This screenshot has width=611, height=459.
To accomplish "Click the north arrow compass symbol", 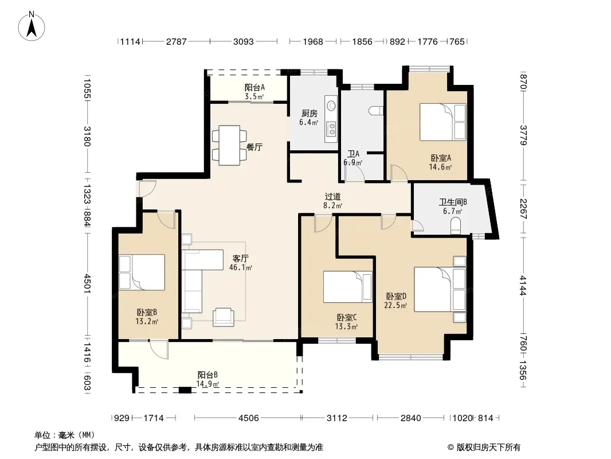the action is pos(32,26).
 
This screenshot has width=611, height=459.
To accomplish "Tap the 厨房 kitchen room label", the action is pos(310,114).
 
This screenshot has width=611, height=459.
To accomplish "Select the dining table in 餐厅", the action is pos(229,145).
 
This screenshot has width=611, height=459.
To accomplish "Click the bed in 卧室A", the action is pos(442,122).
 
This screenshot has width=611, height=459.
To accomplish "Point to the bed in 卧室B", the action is pos(142,272).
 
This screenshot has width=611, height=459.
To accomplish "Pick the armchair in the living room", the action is pos(224,317).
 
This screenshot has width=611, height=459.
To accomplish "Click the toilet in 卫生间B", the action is pos(455,227).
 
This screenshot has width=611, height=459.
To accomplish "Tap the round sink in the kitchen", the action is pos(331,105).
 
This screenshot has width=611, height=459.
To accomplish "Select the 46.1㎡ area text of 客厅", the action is pos(240,267).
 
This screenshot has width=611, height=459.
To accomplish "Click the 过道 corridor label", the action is pos(333,197).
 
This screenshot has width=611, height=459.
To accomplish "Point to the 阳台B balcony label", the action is pos(207,375).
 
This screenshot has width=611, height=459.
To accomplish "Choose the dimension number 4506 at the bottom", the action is pos(248,418).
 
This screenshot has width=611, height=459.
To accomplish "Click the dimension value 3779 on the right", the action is pos(523,135).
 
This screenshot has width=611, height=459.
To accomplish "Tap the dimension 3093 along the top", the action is pos(243,41).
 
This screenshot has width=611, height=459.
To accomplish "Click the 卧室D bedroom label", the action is pos(396,297).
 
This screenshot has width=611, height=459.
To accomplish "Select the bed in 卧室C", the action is pos(347,287).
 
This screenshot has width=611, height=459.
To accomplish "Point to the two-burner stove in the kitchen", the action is pos(331,129).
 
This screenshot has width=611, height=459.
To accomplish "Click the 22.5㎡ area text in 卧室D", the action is pos(395,305).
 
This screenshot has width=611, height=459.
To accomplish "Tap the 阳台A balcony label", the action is pos(254,87).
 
